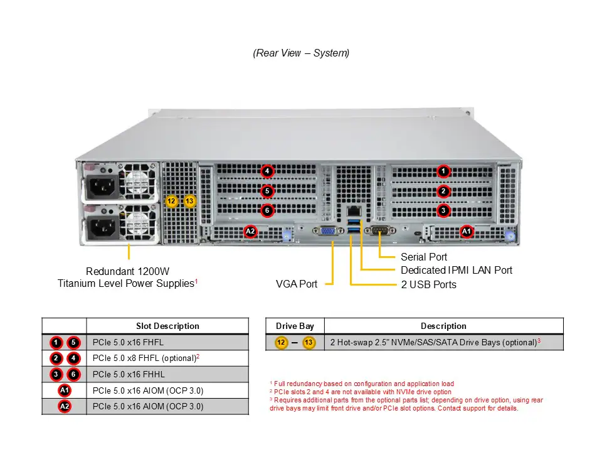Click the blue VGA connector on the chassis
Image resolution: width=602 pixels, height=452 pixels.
[x=327, y=232]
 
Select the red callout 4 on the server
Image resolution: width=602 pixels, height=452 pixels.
[x=267, y=171]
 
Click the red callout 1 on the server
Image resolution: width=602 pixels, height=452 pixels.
[x=443, y=171]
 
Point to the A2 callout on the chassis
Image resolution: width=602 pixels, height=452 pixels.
[x=250, y=232]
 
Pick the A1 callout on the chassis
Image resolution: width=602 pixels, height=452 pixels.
[x=467, y=232]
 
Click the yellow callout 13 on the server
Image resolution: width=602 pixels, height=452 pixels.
[x=190, y=201]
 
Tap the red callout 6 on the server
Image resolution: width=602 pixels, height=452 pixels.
[x=267, y=211]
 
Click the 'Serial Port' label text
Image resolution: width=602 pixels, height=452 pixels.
[x=424, y=257]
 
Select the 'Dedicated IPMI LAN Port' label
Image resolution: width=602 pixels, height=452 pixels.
[x=457, y=271]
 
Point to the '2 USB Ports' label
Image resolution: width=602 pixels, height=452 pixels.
[x=429, y=285]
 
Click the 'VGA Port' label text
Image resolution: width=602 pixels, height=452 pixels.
[x=297, y=284]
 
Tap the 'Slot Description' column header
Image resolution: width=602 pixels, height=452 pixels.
[x=167, y=326]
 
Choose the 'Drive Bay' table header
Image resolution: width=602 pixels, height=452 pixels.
[x=295, y=326]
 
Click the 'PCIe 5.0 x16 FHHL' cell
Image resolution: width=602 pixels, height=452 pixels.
[x=129, y=374]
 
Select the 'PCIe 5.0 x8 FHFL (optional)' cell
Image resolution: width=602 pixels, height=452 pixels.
[x=144, y=358]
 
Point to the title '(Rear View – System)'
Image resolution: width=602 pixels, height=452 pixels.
[x=301, y=53]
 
